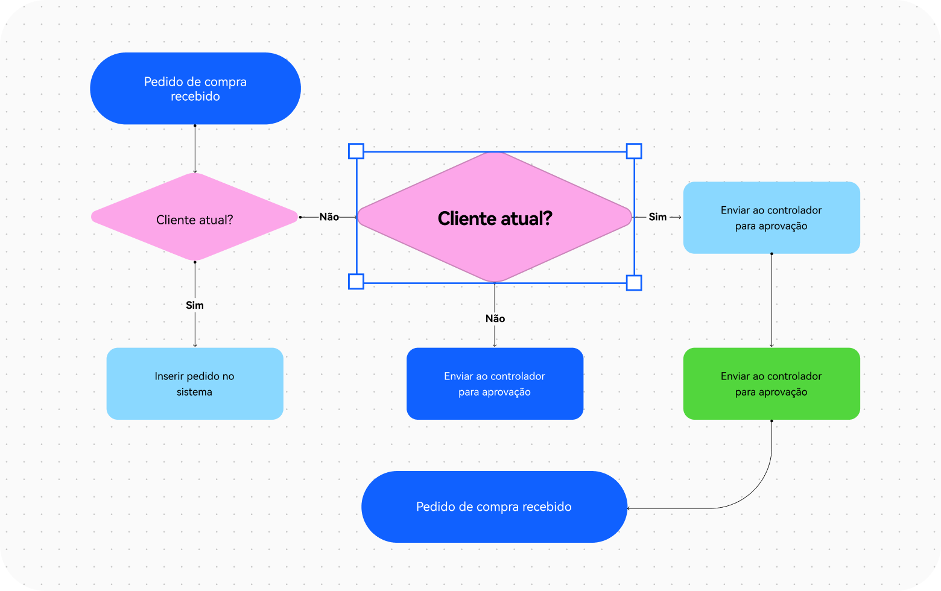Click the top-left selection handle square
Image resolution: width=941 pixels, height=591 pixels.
coord(356,151)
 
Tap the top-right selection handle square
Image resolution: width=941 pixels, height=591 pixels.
coord(634,151)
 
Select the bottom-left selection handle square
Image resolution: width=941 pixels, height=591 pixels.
coord(356,282)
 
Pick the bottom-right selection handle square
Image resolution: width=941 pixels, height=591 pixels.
coord(634,283)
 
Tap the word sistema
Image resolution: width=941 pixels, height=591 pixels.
coord(194,392)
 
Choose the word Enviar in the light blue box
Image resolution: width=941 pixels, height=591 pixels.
coord(735,210)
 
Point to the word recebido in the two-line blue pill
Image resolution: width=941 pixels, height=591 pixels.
coord(195,96)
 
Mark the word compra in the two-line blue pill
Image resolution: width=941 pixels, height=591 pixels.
coord(224,82)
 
